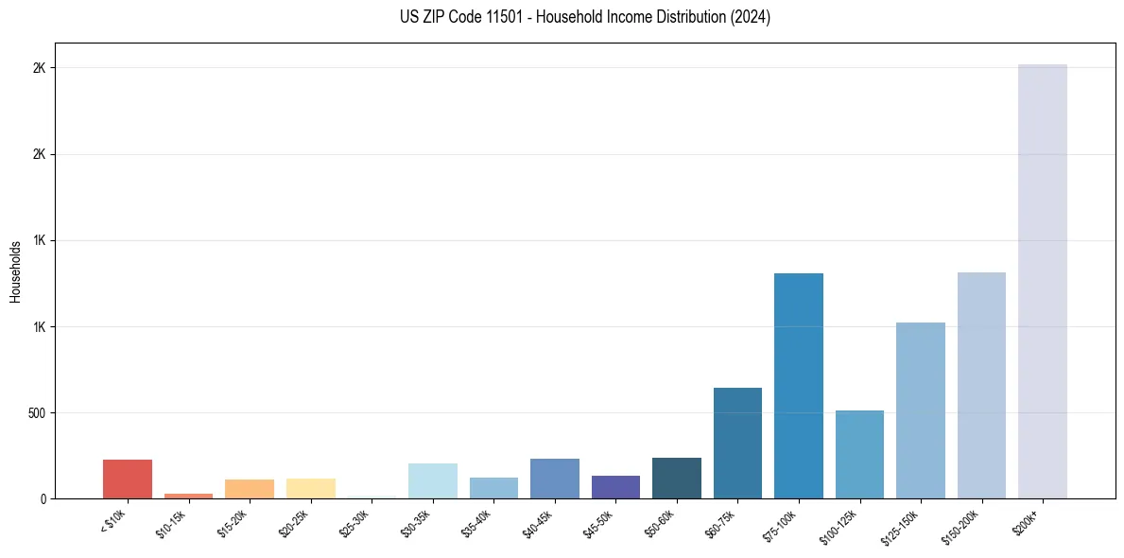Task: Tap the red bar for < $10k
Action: [127, 480]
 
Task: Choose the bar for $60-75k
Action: [737, 444]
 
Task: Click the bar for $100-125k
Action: [859, 455]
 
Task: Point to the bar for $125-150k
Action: [920, 410]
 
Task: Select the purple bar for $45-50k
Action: [615, 487]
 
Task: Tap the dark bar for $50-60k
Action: [676, 479]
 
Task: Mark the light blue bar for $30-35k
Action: [432, 481]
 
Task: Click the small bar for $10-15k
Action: [188, 496]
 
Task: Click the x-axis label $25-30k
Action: [354, 523]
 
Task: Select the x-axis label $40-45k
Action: [538, 523]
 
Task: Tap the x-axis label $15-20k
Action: [233, 523]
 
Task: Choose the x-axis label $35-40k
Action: [476, 523]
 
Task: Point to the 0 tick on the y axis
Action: [43, 499]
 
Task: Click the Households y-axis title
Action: [15, 271]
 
